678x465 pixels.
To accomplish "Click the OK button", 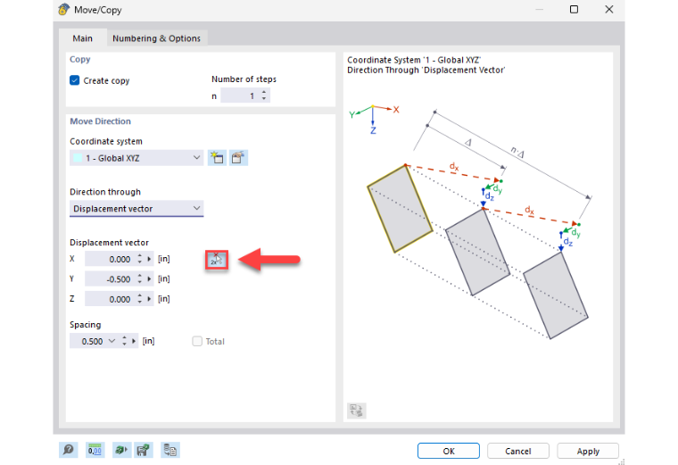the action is point(449,451).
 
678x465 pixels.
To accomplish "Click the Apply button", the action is point(588,451).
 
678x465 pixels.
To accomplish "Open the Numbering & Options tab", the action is point(156,38).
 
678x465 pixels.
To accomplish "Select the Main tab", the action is point(82,38).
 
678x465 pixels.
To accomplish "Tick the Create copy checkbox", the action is point(74,80).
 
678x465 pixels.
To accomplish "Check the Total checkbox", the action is point(197,341).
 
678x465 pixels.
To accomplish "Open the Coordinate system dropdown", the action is point(136,158).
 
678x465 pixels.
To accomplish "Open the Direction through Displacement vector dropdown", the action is point(136,209).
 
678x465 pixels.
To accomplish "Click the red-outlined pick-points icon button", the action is point(217,260).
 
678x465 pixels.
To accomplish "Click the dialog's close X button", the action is point(608,10).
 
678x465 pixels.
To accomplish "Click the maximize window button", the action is point(574,10).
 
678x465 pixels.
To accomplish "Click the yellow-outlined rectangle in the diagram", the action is point(400,209).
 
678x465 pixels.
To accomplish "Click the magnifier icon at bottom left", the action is point(69,450).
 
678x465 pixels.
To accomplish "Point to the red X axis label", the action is point(396,110).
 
